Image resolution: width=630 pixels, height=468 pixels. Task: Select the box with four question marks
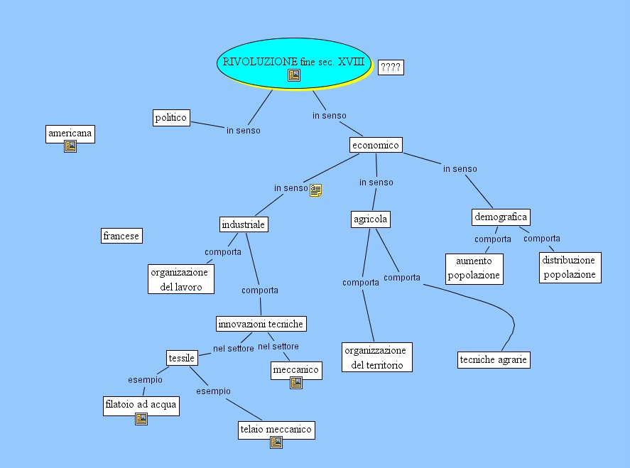pos(391,67)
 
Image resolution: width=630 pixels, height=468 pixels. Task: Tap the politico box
pos(171,117)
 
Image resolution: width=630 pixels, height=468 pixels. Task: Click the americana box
pos(70,133)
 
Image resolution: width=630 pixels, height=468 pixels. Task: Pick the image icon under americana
pos(70,146)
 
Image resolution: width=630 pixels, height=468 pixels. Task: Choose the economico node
pos(376,145)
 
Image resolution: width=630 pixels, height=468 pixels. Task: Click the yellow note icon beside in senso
pos(316,190)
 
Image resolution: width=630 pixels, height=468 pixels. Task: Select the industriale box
pos(243,224)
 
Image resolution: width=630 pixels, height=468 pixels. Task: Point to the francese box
pos(121,236)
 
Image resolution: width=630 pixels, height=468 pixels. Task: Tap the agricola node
pos(371,219)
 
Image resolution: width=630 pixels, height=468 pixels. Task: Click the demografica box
pos(501,217)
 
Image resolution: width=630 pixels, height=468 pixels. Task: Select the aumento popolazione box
pos(474,268)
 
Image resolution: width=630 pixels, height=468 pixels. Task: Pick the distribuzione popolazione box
pos(569,268)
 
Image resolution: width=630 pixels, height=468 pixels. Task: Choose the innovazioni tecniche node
pos(261,324)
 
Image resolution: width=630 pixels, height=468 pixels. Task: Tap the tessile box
pos(181,358)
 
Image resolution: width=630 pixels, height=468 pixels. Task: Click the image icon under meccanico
pos(296,383)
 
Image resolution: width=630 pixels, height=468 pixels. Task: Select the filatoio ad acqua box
pos(141,406)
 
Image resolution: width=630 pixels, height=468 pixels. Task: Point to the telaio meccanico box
pos(276,429)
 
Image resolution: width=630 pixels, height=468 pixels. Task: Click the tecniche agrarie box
pos(494,359)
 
